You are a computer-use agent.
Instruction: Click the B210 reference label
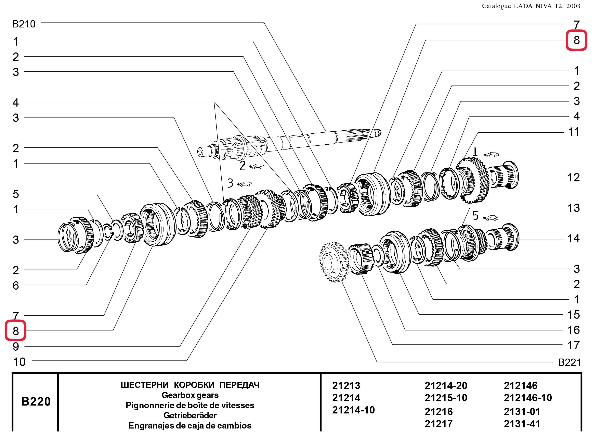[x=24, y=24]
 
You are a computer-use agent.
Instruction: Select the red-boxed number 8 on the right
[x=577, y=40]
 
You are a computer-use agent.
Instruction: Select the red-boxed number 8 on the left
[x=16, y=331]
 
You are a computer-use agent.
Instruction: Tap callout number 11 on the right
[x=574, y=132]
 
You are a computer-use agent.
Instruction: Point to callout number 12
[x=574, y=178]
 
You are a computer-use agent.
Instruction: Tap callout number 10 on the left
[x=19, y=362]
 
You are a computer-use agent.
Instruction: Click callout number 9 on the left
[x=16, y=347]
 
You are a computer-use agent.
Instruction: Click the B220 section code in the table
[x=36, y=401]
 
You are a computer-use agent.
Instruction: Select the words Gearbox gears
[x=190, y=395]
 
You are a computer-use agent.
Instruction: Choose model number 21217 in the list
[x=439, y=424]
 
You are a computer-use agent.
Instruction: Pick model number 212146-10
[x=528, y=398]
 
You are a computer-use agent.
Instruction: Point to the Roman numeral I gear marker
[x=475, y=152]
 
